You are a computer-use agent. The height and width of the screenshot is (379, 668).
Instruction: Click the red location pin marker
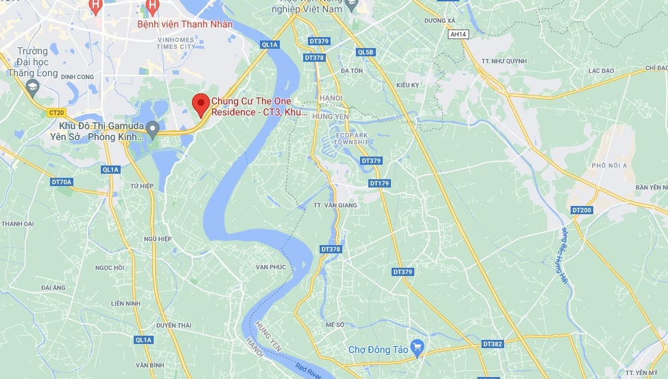(200, 104)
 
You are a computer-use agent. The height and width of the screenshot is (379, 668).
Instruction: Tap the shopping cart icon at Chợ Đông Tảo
(416, 345)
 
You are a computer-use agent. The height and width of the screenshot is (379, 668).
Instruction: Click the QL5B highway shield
(366, 52)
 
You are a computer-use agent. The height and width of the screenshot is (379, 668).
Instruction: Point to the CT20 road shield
(56, 113)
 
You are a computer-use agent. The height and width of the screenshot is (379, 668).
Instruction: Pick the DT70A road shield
(61, 182)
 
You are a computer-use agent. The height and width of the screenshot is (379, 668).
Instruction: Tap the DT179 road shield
(379, 183)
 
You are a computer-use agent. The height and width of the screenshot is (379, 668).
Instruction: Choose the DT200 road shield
(581, 209)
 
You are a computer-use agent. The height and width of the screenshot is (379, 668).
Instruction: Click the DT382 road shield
(492, 343)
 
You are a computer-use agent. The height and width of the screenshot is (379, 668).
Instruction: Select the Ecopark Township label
(350, 138)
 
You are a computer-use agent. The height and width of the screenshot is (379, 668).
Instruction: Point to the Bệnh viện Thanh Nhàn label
(185, 25)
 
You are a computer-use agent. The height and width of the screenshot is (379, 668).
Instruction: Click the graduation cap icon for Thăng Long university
(33, 87)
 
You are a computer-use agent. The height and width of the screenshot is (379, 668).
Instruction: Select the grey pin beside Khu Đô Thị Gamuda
(153, 128)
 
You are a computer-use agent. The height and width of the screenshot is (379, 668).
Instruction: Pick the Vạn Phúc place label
(270, 266)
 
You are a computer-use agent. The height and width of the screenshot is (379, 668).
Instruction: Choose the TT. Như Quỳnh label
(507, 60)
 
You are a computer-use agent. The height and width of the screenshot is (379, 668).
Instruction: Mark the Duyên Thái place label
(172, 325)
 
